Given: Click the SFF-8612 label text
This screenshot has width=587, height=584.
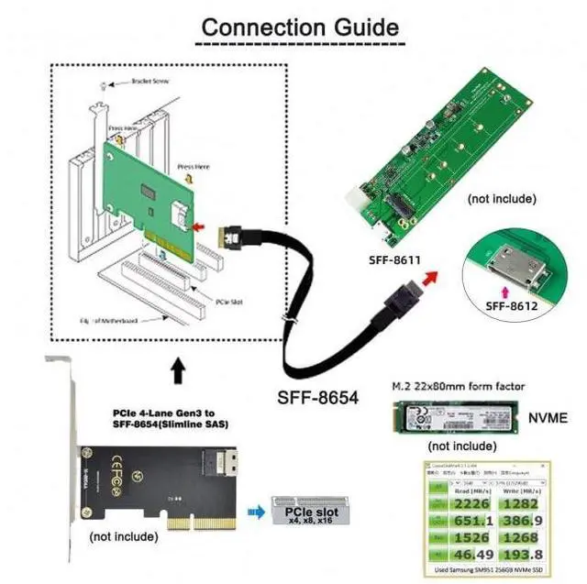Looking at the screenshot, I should pos(510,305).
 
